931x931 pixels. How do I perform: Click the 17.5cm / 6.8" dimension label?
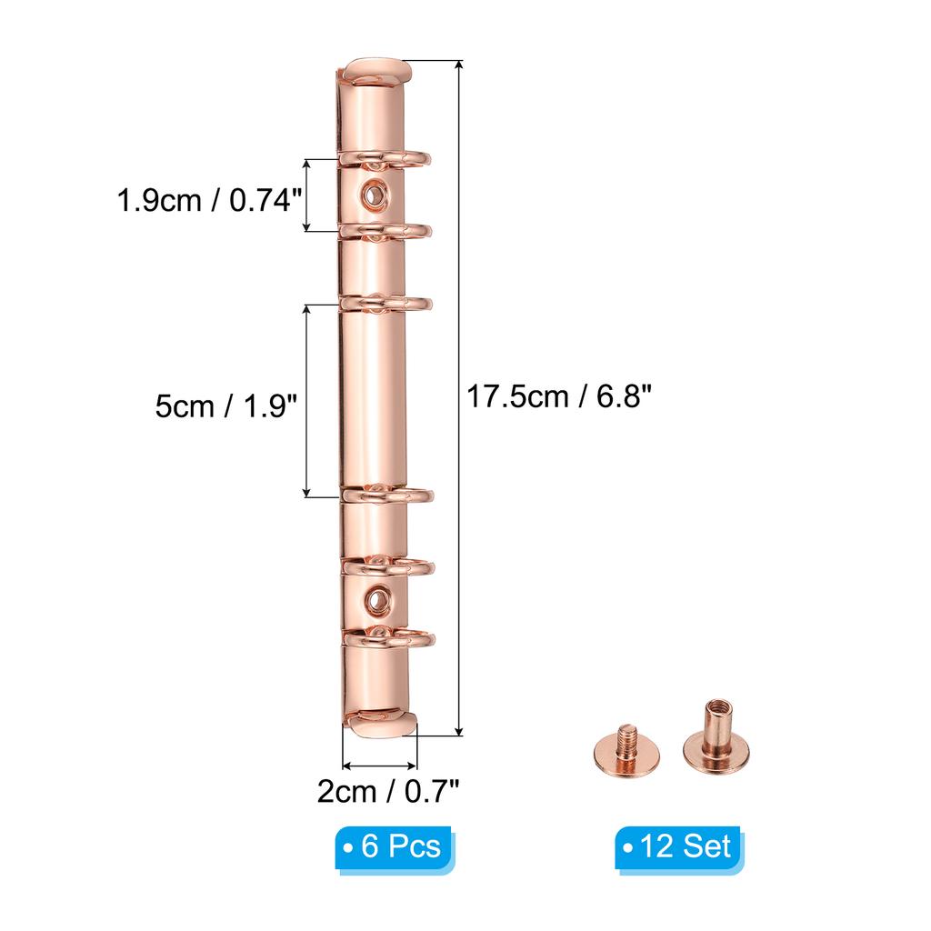[559, 396]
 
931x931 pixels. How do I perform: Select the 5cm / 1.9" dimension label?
[226, 406]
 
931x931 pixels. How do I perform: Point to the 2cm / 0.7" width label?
[388, 792]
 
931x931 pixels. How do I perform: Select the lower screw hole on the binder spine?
[375, 601]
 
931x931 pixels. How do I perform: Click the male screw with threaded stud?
[626, 752]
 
